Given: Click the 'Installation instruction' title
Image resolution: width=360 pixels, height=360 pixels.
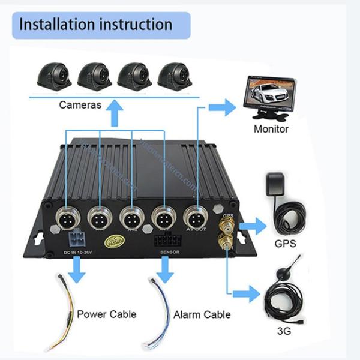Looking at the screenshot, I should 96,25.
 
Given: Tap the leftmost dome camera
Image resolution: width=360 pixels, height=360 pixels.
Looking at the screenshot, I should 54,76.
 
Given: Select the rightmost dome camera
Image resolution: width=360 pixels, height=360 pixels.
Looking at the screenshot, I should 175,76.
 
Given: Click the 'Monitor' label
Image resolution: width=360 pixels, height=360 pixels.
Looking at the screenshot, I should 271,129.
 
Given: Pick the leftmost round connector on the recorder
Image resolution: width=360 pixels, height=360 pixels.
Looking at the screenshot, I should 67,217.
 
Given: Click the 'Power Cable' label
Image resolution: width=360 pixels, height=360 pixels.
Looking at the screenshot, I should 106,314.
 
